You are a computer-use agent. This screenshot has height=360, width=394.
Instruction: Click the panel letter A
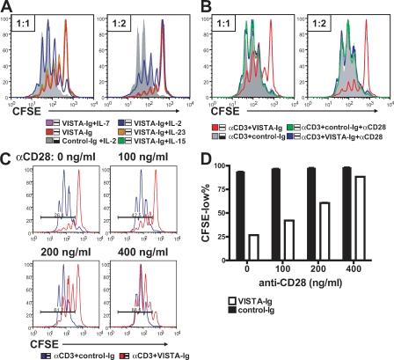8,8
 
